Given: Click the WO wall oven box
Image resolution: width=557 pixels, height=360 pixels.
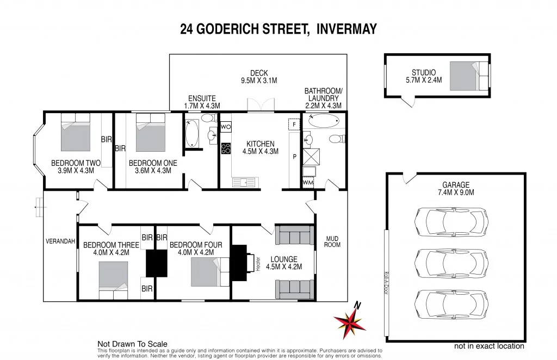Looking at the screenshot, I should (x=226, y=127).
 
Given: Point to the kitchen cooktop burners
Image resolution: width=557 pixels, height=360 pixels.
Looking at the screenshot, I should (x=226, y=148).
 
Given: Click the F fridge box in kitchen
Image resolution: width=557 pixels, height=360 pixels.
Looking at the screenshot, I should (x=294, y=125).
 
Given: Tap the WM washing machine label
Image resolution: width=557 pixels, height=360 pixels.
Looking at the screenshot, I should (x=308, y=183).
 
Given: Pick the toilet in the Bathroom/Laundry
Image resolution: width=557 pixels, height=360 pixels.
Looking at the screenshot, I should (x=336, y=139).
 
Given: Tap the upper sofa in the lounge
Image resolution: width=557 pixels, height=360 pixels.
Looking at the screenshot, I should (x=294, y=235).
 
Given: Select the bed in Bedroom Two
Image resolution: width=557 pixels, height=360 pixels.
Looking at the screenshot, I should (x=75, y=133).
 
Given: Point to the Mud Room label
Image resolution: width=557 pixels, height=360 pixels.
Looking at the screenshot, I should (x=332, y=241).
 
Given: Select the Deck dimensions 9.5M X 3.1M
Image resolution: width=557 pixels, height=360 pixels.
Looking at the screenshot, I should (x=259, y=80).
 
